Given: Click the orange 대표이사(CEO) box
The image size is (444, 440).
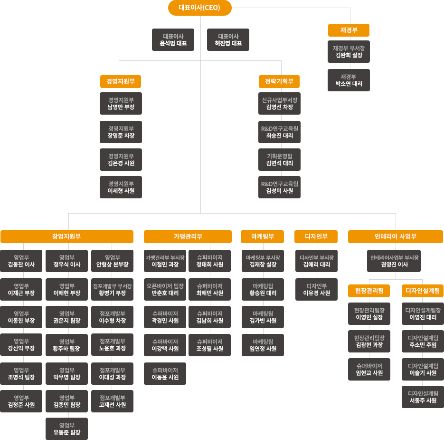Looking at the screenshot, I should pyautogui.click(x=199, y=8).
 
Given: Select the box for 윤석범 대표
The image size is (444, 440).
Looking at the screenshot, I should pyautogui.click(x=173, y=39).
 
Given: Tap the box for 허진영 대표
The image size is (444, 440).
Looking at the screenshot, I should pyautogui.click(x=228, y=39).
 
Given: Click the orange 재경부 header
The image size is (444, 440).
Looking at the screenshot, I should pyautogui.click(x=349, y=30).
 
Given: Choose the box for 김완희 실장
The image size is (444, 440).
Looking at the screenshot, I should pyautogui.click(x=348, y=52).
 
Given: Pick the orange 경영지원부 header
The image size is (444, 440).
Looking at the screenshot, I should pyautogui.click(x=121, y=81).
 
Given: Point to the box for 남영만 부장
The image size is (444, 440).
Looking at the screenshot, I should pyautogui.click(x=121, y=104).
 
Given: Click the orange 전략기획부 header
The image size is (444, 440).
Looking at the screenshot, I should pyautogui.click(x=279, y=81).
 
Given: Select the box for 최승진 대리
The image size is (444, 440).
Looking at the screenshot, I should pyautogui.click(x=279, y=132).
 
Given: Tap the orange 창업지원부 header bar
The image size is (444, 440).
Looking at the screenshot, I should pyautogui.click(x=66, y=236).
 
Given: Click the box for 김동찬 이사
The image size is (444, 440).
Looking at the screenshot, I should pyautogui.click(x=21, y=261).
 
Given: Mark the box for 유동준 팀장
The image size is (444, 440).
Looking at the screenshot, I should pyautogui.click(x=66, y=429).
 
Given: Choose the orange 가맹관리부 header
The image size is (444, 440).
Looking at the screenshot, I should pyautogui.click(x=188, y=236).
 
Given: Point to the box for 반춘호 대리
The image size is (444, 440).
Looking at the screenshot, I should pyautogui.click(x=165, y=289).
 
